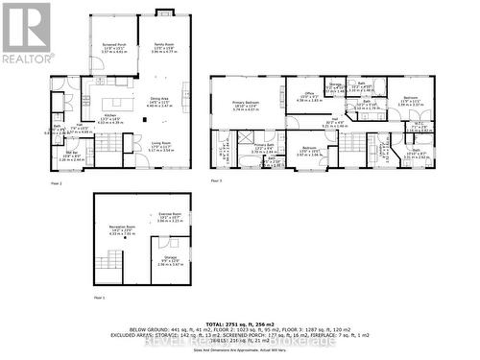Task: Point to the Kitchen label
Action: [111, 117]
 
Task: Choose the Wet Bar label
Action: [72, 154]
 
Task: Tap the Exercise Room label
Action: [170, 216]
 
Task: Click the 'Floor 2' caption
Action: [55, 180]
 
